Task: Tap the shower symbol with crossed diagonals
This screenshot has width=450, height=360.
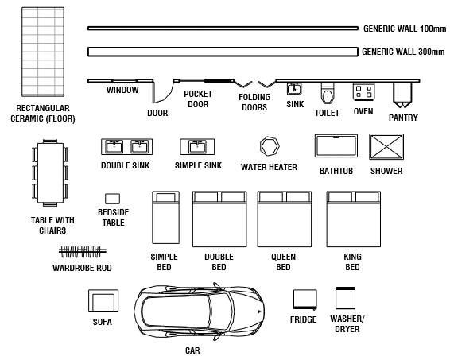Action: coord(386,147)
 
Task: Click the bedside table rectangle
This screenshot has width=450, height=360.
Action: coord(112,198)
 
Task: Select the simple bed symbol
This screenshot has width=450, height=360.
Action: coord(164,219)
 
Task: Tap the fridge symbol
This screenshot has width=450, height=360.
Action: coord(304,300)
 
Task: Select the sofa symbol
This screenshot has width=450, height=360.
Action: coord(103,302)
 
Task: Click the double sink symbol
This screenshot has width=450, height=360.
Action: coord(126,146)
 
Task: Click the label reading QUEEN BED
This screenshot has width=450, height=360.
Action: coord(282,262)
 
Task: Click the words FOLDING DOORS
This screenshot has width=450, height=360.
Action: coord(254,103)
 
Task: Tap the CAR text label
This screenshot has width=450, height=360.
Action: coord(192,350)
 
